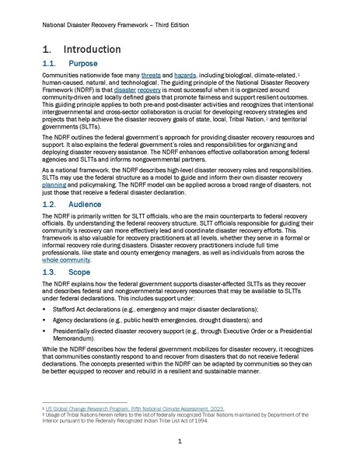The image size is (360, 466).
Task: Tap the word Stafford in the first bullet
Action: pos(63,309)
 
